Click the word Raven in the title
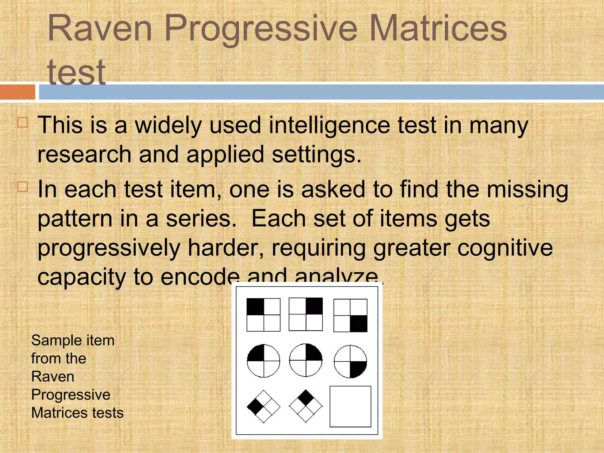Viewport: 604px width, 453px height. (x=100, y=29)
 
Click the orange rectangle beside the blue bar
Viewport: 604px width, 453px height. (x=17, y=92)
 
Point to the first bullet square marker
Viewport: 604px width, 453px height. (x=23, y=122)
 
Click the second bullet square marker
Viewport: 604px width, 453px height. (x=23, y=187)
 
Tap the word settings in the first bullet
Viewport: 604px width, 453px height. (x=316, y=155)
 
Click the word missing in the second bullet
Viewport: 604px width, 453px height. (x=527, y=189)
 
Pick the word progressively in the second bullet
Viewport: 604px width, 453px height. (x=109, y=248)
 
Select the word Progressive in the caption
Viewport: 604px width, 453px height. (x=71, y=395)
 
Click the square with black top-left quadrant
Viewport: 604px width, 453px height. (x=263, y=315)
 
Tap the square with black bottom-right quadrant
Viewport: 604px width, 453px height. (x=350, y=315)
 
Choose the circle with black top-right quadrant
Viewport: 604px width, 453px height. (x=306, y=360)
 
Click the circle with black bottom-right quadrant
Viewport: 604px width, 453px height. (x=350, y=361)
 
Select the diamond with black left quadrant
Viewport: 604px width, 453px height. (x=263, y=406)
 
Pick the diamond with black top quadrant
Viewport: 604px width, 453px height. (x=306, y=406)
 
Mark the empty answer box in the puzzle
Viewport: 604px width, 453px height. (x=350, y=406)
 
